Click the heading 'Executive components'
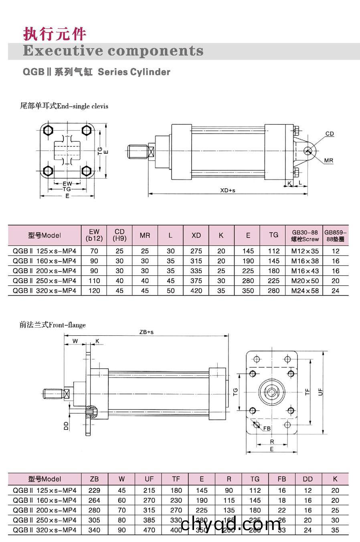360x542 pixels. (113, 51)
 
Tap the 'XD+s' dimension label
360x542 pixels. (228, 190)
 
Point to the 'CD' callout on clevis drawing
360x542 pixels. (330, 134)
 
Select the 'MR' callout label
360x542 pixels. (329, 161)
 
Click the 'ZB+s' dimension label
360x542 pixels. (146, 332)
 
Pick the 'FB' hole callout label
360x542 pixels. (267, 429)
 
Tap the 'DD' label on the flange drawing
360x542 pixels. (67, 425)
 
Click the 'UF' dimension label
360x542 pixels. (321, 392)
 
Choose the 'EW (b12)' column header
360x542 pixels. (94, 235)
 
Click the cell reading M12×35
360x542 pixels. (305, 251)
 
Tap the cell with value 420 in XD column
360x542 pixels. (196, 291)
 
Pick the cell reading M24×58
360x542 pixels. (305, 291)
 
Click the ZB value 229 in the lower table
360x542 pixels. (94, 490)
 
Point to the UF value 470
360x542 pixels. (149, 530)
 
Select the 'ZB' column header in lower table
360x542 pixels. (94, 479)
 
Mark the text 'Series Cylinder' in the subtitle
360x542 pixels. (134, 72)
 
